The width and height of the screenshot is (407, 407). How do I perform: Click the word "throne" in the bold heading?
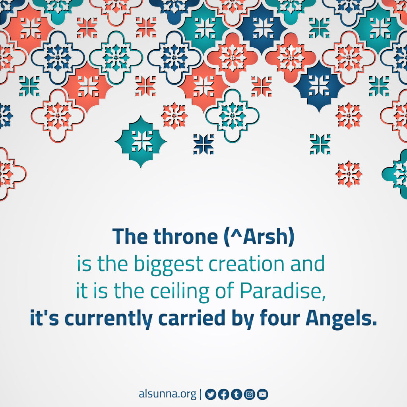pyautogui.click(x=186, y=236)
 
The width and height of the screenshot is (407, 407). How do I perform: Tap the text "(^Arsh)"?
pyautogui.click(x=259, y=236)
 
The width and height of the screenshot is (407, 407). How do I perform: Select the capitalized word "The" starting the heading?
pyautogui.click(x=130, y=236)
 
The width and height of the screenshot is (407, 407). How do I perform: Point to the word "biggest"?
pyautogui.click(x=168, y=264)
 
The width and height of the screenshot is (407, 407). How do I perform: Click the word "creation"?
pyautogui.click(x=246, y=264)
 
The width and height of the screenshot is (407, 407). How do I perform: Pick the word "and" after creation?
pyautogui.click(x=307, y=264)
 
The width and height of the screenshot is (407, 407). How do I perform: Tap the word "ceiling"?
pyautogui.click(x=180, y=292)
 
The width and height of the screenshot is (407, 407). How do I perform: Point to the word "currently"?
pyautogui.click(x=109, y=319)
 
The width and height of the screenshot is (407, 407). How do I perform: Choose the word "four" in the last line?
pyautogui.click(x=280, y=318)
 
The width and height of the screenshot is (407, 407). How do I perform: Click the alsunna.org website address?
pyautogui.click(x=167, y=394)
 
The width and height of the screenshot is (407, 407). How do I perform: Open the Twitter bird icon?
pyautogui.click(x=211, y=394)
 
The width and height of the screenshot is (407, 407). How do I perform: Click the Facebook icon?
pyautogui.click(x=223, y=394)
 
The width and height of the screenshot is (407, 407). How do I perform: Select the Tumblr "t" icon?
pyautogui.click(x=236, y=394)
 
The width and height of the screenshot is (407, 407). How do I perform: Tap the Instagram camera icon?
pyautogui.click(x=250, y=394)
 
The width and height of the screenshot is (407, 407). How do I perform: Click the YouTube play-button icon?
pyautogui.click(x=262, y=394)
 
